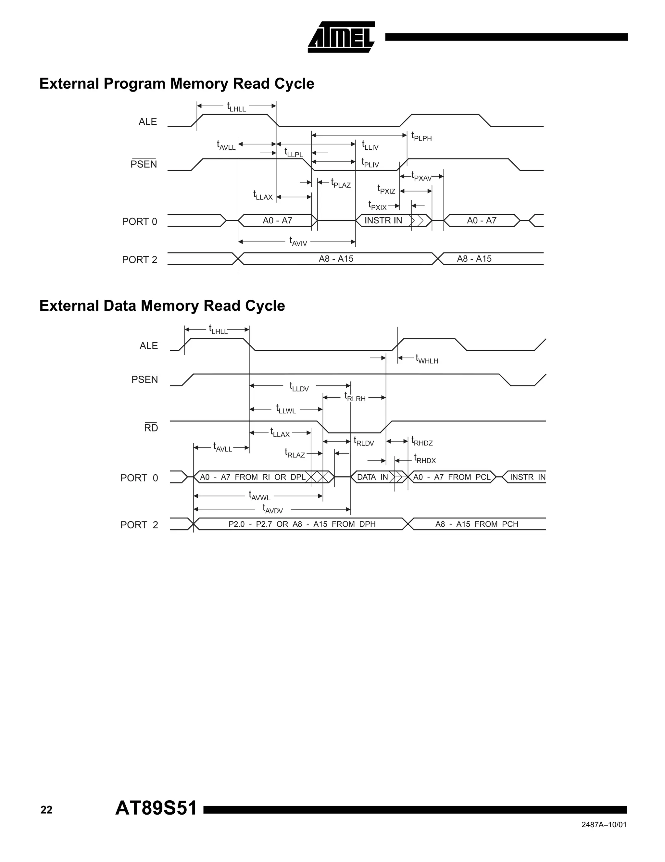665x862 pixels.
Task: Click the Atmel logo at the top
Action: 341,37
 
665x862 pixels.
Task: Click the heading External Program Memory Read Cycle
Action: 177,84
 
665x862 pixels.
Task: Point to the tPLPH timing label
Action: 421,137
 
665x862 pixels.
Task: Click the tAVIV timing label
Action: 298,242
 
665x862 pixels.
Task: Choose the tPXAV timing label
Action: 421,176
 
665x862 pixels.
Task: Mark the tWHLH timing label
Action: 427,359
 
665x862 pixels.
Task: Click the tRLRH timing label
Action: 355,397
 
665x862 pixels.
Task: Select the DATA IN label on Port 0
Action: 372,477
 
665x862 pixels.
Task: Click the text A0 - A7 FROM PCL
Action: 451,477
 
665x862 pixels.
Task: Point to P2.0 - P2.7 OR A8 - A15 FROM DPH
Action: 302,524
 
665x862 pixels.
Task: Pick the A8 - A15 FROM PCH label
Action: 477,524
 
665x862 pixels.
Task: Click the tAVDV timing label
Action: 273,509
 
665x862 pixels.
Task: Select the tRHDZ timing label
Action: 422,441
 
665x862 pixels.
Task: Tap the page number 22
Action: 46,810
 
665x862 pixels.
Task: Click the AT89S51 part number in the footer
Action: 156,808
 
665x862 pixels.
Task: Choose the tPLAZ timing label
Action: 341,183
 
